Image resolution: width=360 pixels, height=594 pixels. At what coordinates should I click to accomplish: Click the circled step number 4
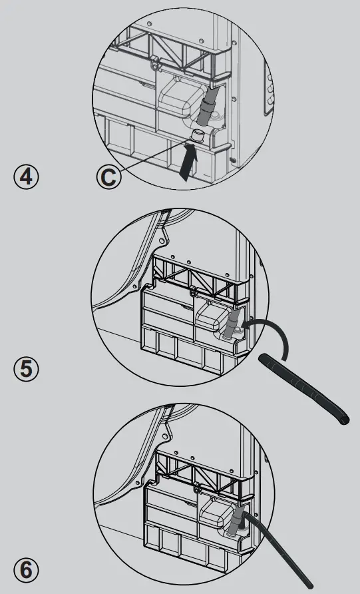click(26, 176)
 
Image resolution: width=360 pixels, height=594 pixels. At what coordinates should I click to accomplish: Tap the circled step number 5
click(26, 369)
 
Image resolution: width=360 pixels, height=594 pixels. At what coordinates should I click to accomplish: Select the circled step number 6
click(26, 570)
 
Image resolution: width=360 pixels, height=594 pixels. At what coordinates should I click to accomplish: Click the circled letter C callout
click(109, 177)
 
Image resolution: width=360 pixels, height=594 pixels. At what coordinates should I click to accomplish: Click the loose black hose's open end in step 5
click(344, 420)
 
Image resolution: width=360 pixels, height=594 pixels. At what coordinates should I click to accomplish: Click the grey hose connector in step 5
click(230, 324)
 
